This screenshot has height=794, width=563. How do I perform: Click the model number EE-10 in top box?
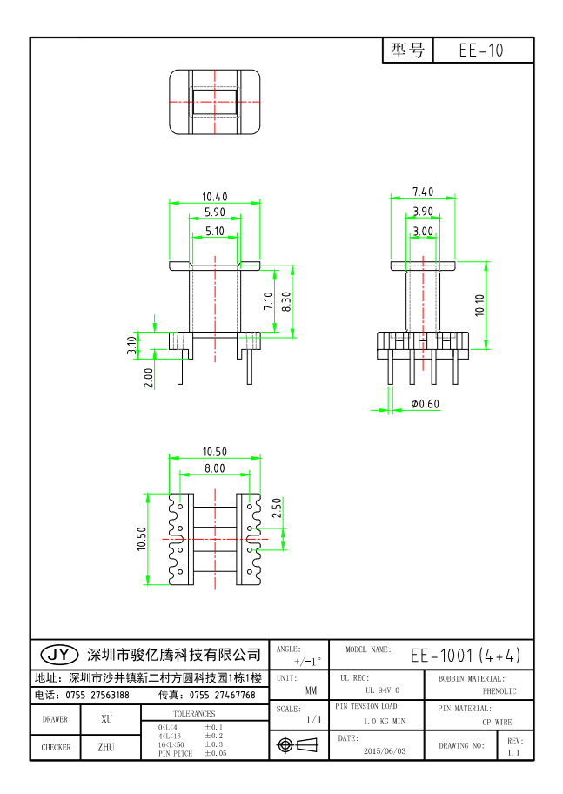pos(480,50)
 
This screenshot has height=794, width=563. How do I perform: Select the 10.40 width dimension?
pos(215,197)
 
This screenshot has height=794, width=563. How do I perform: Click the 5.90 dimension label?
pos(214,212)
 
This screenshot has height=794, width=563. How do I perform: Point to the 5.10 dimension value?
pos(214,231)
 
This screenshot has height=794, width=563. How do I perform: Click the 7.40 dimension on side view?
pos(423,192)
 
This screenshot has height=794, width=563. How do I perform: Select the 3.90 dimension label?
pos(423,212)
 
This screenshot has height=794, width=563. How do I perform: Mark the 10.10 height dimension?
pos(479,304)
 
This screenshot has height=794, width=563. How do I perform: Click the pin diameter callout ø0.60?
pos(425,404)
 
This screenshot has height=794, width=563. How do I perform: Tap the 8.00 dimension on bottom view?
pos(214,468)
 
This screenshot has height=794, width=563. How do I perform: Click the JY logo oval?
pos(60,654)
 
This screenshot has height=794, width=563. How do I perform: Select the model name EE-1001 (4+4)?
pos(465,655)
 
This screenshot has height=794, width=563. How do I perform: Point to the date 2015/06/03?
pos(383,750)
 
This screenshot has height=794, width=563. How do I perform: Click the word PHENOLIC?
pos(499,691)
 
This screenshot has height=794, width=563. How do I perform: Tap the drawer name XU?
pos(106,719)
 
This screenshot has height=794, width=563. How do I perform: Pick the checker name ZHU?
pos(106,747)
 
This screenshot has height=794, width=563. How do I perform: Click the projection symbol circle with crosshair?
pos(285,745)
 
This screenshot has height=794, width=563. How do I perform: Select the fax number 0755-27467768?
pos(222,695)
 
